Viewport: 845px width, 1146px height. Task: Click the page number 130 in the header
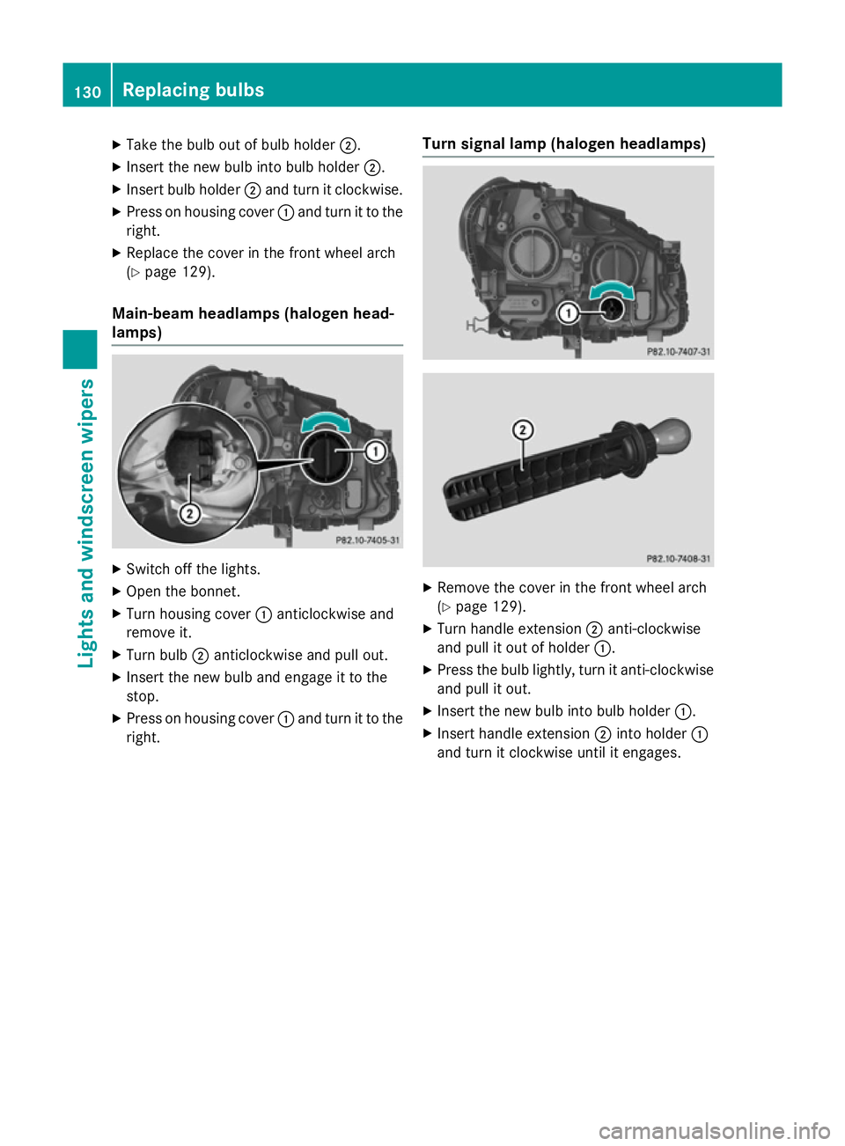click(87, 92)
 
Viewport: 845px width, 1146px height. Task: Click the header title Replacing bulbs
click(193, 90)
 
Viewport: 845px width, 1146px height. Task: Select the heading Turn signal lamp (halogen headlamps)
click(563, 143)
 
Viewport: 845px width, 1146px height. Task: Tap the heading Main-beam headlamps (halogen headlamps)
click(253, 322)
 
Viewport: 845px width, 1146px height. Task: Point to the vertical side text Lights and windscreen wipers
click(86, 523)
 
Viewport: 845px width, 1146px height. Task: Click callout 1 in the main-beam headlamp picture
click(376, 452)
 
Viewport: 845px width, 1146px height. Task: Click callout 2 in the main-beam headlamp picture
click(189, 513)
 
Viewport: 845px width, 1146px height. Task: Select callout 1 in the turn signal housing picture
click(569, 312)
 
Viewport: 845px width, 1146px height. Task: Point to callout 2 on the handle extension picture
click(523, 430)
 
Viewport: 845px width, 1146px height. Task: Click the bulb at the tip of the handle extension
click(672, 434)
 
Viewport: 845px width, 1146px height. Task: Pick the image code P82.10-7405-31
click(367, 540)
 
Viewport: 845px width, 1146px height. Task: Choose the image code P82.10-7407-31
click(678, 351)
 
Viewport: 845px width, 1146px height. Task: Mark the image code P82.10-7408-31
click(678, 559)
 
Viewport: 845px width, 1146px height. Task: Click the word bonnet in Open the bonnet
click(217, 591)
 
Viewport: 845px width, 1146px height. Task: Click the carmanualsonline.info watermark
click(714, 1130)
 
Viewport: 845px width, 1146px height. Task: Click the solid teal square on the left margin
click(80, 350)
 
